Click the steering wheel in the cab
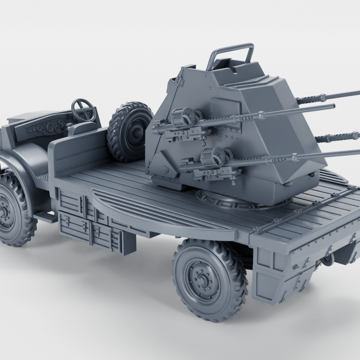pos(83,109)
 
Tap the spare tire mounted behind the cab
pos(128,131)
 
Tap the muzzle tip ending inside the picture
pos(331,106)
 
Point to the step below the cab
pos(46,216)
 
